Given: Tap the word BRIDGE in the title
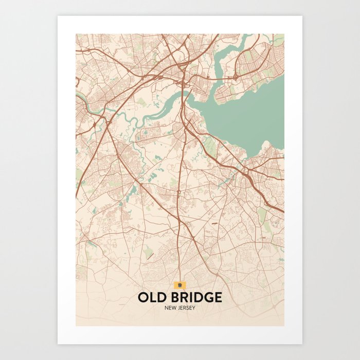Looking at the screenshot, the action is (194, 298).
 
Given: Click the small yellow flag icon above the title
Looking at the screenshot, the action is (179, 284).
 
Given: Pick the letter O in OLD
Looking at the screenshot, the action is (143, 298).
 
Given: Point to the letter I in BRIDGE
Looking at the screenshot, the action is (187, 298).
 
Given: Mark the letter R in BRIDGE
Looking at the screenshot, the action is (179, 298).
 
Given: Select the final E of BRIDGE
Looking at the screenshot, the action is (219, 298).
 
